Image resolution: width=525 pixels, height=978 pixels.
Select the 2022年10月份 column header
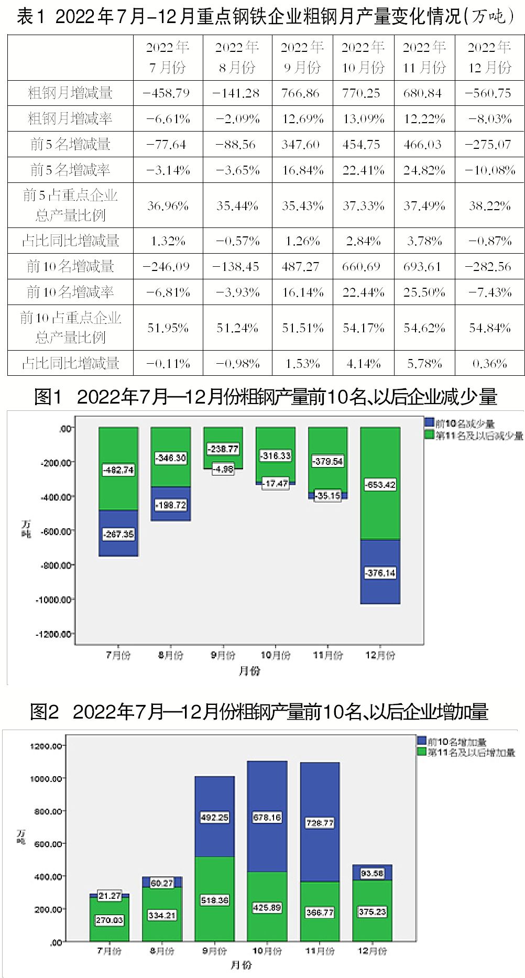(x=363, y=57)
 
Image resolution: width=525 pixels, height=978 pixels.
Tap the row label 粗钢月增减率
(x=70, y=119)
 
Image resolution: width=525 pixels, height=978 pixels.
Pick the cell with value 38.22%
(x=489, y=206)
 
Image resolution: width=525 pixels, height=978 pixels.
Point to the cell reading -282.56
(x=489, y=267)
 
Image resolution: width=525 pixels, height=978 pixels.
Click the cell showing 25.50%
(x=424, y=292)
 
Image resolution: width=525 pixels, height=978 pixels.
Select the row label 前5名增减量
(x=70, y=145)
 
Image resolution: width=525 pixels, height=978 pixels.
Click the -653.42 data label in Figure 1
(x=381, y=485)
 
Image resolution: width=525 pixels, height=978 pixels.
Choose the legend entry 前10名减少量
(x=464, y=423)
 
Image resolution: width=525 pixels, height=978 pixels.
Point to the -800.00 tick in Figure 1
(x=54, y=566)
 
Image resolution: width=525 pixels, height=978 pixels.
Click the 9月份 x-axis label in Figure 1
(x=223, y=655)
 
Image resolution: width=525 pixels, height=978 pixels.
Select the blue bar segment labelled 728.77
(x=320, y=823)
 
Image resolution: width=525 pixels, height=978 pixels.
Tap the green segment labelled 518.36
(x=214, y=900)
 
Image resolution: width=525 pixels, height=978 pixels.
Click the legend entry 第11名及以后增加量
(x=471, y=753)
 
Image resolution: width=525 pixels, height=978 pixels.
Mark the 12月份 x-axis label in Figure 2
(x=372, y=951)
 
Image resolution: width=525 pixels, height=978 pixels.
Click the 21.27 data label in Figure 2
(x=110, y=896)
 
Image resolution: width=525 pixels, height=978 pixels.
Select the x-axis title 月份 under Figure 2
(x=240, y=965)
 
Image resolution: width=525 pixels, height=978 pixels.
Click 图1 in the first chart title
(x=48, y=397)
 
